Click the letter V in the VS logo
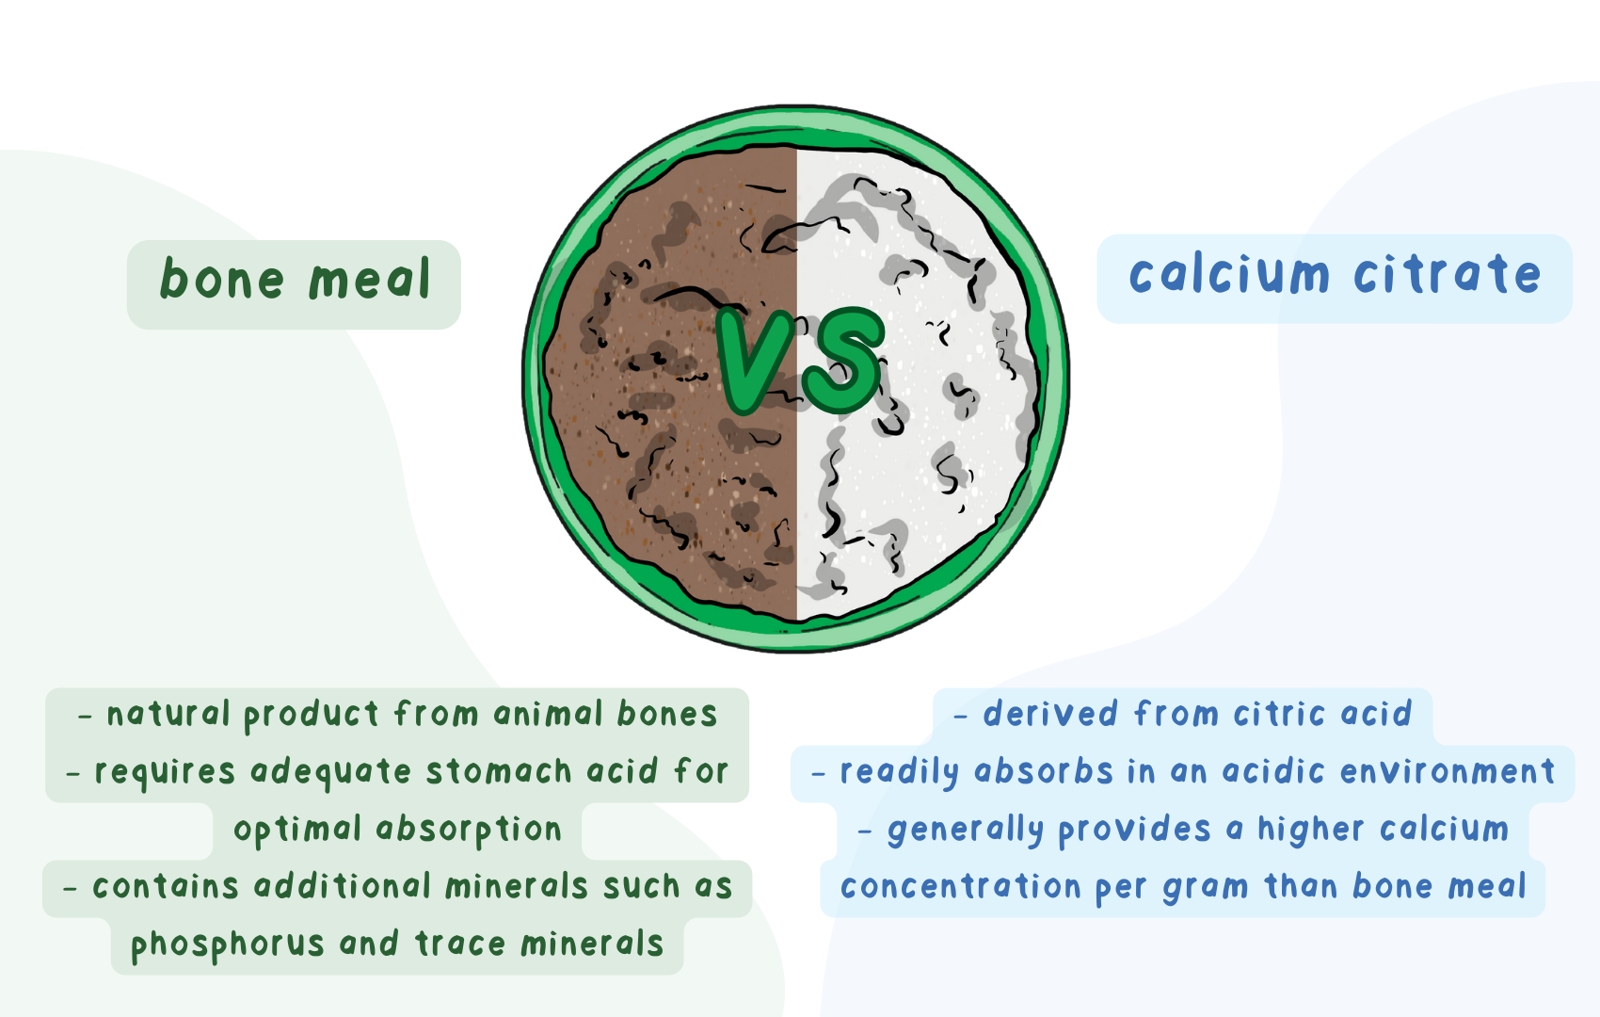pos(755,360)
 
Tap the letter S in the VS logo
pos(843,360)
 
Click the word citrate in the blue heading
pos(1448,275)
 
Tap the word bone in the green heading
pos(222,280)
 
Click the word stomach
pos(499,771)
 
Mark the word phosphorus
pos(227,944)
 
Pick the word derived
pos(1050,714)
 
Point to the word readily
pos(898,772)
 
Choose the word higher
pos(1310,830)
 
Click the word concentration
pos(960,887)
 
